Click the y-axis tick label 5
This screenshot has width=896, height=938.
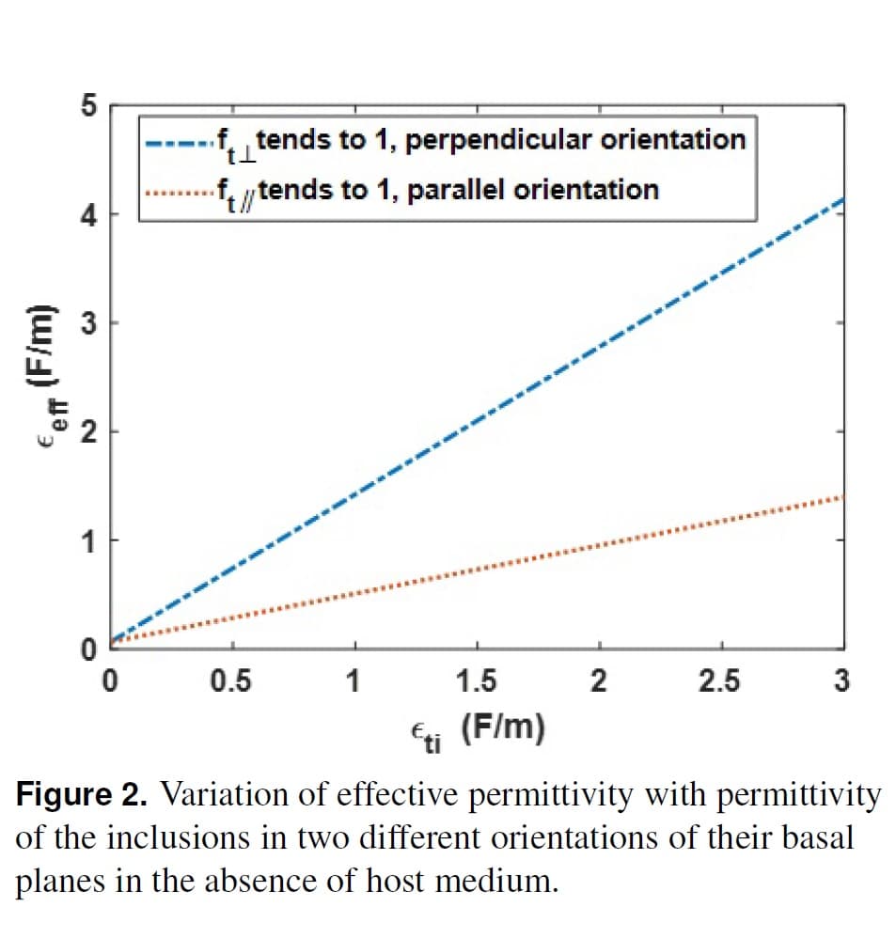88,106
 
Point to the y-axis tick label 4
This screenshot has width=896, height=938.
88,216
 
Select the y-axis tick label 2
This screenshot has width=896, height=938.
88,432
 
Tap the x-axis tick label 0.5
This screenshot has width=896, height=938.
231,681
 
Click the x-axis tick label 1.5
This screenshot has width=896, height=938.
476,681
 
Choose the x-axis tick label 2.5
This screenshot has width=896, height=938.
719,681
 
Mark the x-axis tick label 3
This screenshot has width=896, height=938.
842,681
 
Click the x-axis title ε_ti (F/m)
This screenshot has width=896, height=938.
478,732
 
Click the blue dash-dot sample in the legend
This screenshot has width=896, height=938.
181,143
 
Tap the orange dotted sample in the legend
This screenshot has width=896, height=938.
181,194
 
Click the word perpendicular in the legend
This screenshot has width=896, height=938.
498,141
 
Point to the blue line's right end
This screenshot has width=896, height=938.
843,198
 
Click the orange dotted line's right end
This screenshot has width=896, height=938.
843,496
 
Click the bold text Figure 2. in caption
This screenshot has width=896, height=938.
82,796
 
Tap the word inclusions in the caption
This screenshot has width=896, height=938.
179,838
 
